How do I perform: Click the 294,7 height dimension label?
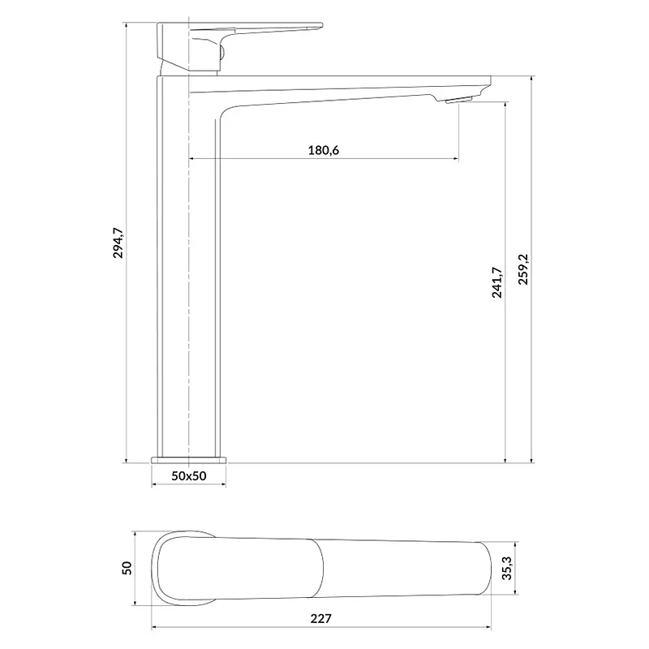pos(118,243)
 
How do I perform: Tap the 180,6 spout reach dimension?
pos(323,150)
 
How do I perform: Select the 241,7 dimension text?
pos(497,282)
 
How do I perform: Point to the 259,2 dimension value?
pos(523,269)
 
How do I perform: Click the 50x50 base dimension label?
pos(189,476)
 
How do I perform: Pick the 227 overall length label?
pos(320,618)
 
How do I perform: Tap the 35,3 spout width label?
pos(507,568)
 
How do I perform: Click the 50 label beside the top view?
pos(127,567)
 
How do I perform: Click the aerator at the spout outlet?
pos(459,100)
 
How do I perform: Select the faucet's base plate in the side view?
pos(189,460)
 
